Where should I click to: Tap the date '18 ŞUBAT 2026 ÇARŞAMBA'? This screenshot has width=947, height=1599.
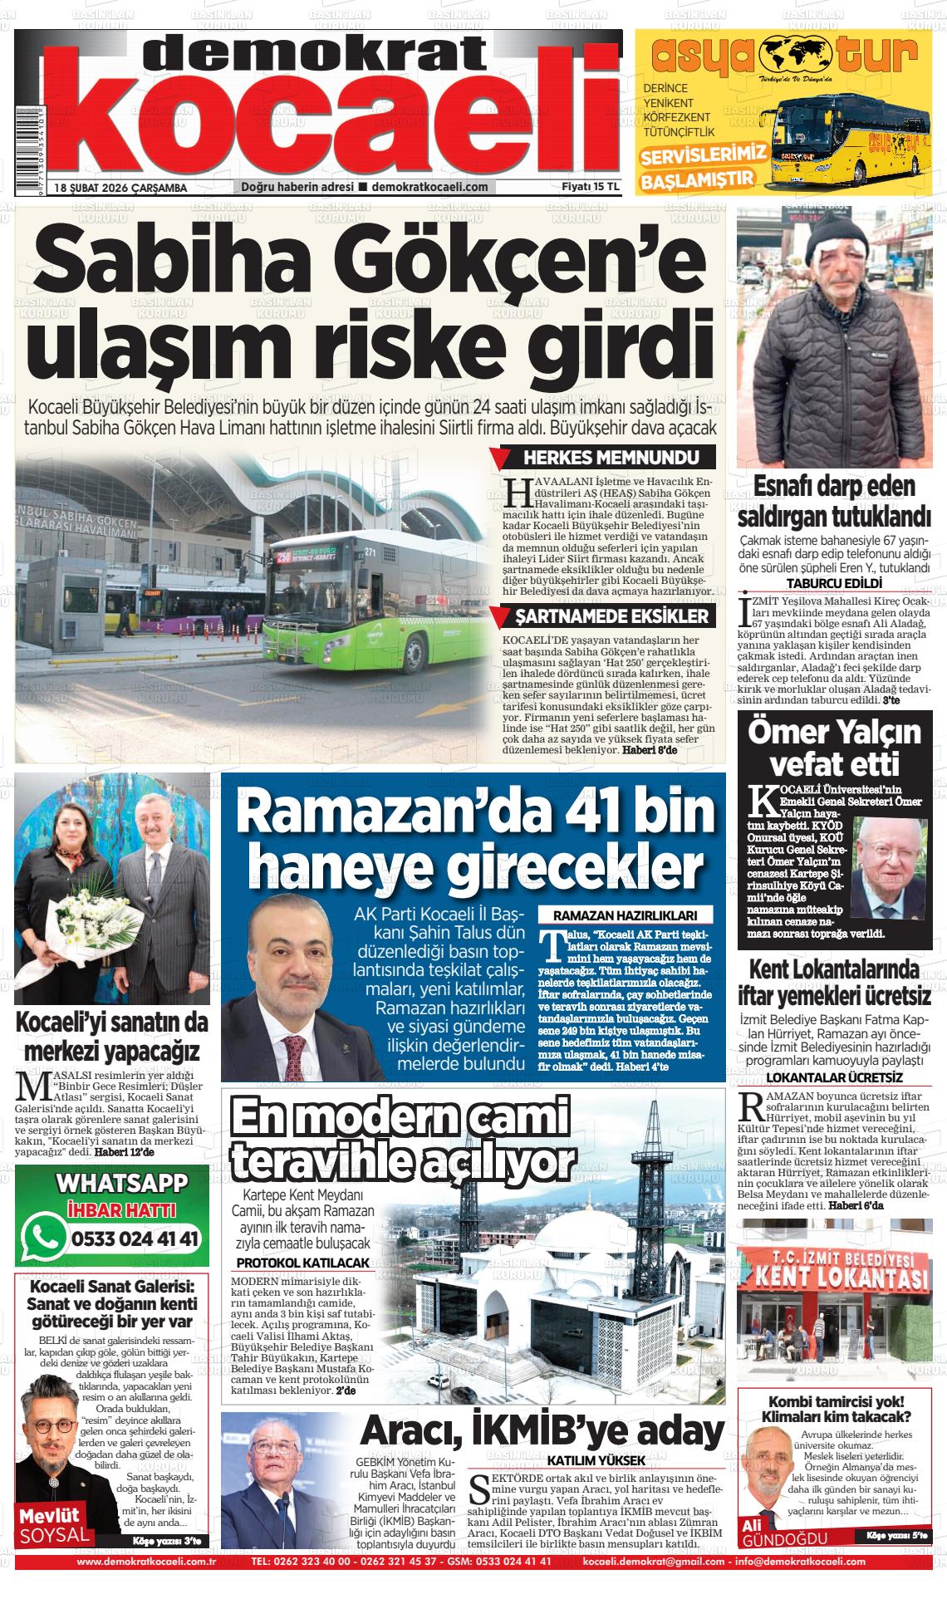tap(120, 187)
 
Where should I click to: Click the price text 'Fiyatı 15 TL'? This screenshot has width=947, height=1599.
tap(591, 186)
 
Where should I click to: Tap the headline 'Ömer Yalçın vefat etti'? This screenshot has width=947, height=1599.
tap(834, 747)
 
